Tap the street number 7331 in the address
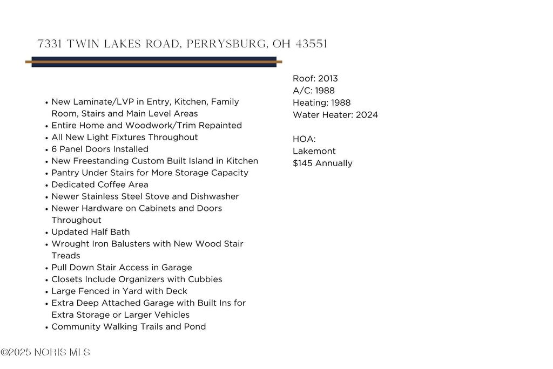(48, 44)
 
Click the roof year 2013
(328, 79)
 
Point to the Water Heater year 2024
(367, 115)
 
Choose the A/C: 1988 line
(314, 91)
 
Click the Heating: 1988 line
(321, 102)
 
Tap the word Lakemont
(314, 151)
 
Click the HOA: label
(304, 139)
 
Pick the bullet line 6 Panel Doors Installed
(100, 149)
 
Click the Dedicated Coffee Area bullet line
(100, 184)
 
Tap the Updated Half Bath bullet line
(91, 232)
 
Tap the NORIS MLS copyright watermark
(45, 353)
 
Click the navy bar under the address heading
(154, 58)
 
